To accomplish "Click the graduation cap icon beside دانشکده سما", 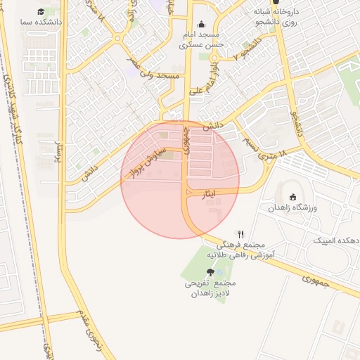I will (x=41, y=12).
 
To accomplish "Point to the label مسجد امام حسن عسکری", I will (x=201, y=39).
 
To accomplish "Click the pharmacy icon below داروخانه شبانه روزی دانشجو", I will (x=285, y=2).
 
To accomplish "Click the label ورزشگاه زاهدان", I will (x=293, y=209).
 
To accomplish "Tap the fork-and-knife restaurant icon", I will (x=241, y=234).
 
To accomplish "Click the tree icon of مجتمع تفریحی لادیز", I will (x=210, y=272).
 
